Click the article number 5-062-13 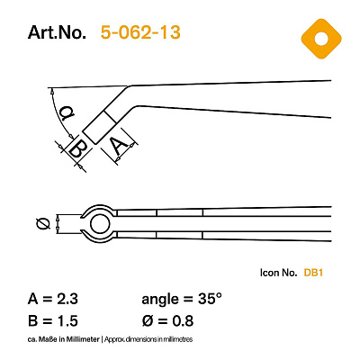(140, 32)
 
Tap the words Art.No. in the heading (57, 32)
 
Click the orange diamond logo (321, 39)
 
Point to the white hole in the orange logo (321, 40)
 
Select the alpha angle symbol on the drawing (67, 113)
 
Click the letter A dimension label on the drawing (119, 145)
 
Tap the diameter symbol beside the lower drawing (42, 224)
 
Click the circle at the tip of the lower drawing (100, 224)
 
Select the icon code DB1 (313, 273)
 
